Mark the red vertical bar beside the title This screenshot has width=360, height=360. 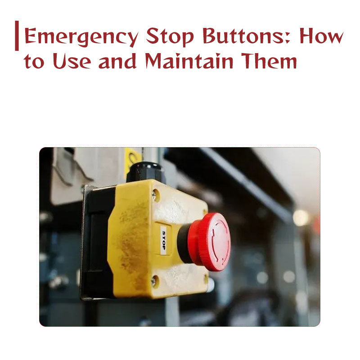coord(17,36)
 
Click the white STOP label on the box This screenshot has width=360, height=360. coord(163,240)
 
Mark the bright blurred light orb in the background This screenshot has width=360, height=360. coord(301,218)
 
